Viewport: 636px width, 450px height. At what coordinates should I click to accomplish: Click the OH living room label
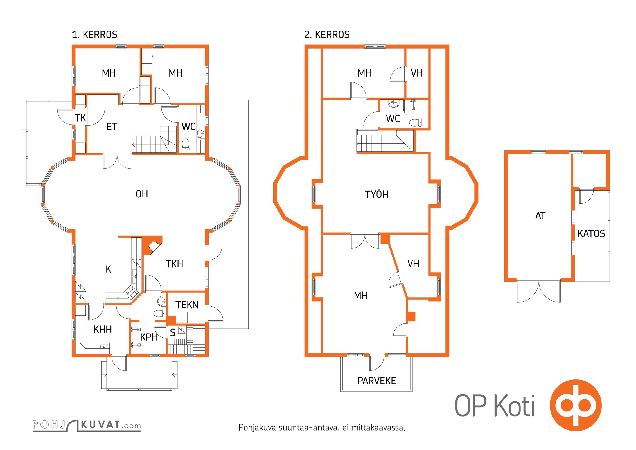[x=142, y=194]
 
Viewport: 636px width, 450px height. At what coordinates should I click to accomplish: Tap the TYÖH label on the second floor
[x=376, y=194]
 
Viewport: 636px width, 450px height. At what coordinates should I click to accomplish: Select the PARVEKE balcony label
[x=376, y=381]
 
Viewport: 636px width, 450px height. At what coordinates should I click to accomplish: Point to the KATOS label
[x=591, y=234]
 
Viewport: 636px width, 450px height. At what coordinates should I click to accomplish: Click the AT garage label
[x=540, y=216]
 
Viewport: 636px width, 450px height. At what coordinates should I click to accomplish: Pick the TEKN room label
[x=187, y=305]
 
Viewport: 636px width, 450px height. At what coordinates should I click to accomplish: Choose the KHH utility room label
[x=103, y=329]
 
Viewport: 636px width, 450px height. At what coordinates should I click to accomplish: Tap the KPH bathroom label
[x=149, y=337]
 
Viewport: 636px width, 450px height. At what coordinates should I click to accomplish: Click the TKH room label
[x=174, y=264]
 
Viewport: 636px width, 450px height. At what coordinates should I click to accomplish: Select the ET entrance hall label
[x=112, y=127]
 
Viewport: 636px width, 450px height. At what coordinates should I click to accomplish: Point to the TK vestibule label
[x=80, y=118]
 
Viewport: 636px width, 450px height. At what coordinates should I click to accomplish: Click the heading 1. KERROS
[x=94, y=35]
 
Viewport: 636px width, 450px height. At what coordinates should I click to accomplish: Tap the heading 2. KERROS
[x=327, y=35]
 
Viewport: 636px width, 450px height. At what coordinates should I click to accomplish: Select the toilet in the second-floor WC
[x=416, y=123]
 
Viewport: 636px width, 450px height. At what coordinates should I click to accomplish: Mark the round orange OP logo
[x=576, y=405]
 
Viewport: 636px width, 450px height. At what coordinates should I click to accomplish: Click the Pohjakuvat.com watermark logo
[x=87, y=426]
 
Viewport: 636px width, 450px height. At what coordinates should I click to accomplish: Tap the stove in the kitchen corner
[x=130, y=291]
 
